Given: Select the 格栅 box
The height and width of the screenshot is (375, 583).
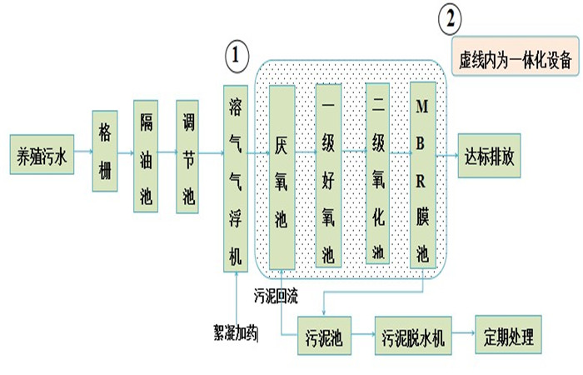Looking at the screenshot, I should coord(104,155).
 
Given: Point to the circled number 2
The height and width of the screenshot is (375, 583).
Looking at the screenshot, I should coord(451,18).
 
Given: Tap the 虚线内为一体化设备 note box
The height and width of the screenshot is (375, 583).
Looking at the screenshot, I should coord(515,58).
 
